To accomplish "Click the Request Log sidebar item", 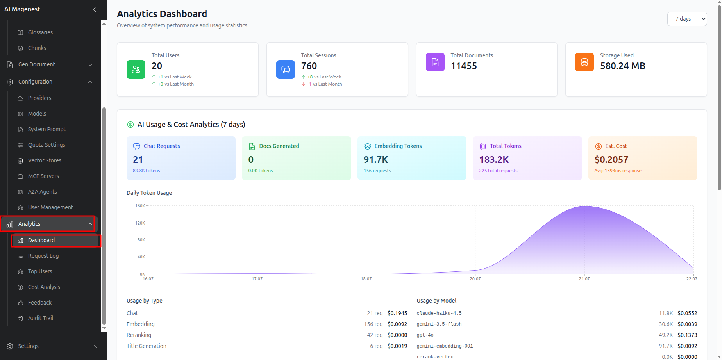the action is click(43, 256).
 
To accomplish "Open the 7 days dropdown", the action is click(687, 19).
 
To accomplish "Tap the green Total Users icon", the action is click(136, 70).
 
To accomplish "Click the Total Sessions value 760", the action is click(309, 66).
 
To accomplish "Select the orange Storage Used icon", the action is click(584, 62).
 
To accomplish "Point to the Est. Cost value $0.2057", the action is click(611, 160).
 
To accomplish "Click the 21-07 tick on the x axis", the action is click(584, 279).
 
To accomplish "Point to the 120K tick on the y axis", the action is click(140, 223).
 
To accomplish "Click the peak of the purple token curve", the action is click(585, 206).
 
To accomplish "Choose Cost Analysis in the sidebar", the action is click(44, 287).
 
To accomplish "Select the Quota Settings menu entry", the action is click(46, 145).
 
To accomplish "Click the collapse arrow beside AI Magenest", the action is click(95, 9).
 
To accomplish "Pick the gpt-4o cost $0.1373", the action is click(687, 335).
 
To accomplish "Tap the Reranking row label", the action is click(139, 335).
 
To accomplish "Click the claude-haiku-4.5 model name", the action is click(439, 313).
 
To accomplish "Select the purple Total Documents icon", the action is click(435, 62).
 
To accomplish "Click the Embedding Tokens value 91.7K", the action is click(376, 160).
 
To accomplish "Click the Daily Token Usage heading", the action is click(149, 193).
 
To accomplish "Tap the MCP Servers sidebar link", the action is click(43, 176).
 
